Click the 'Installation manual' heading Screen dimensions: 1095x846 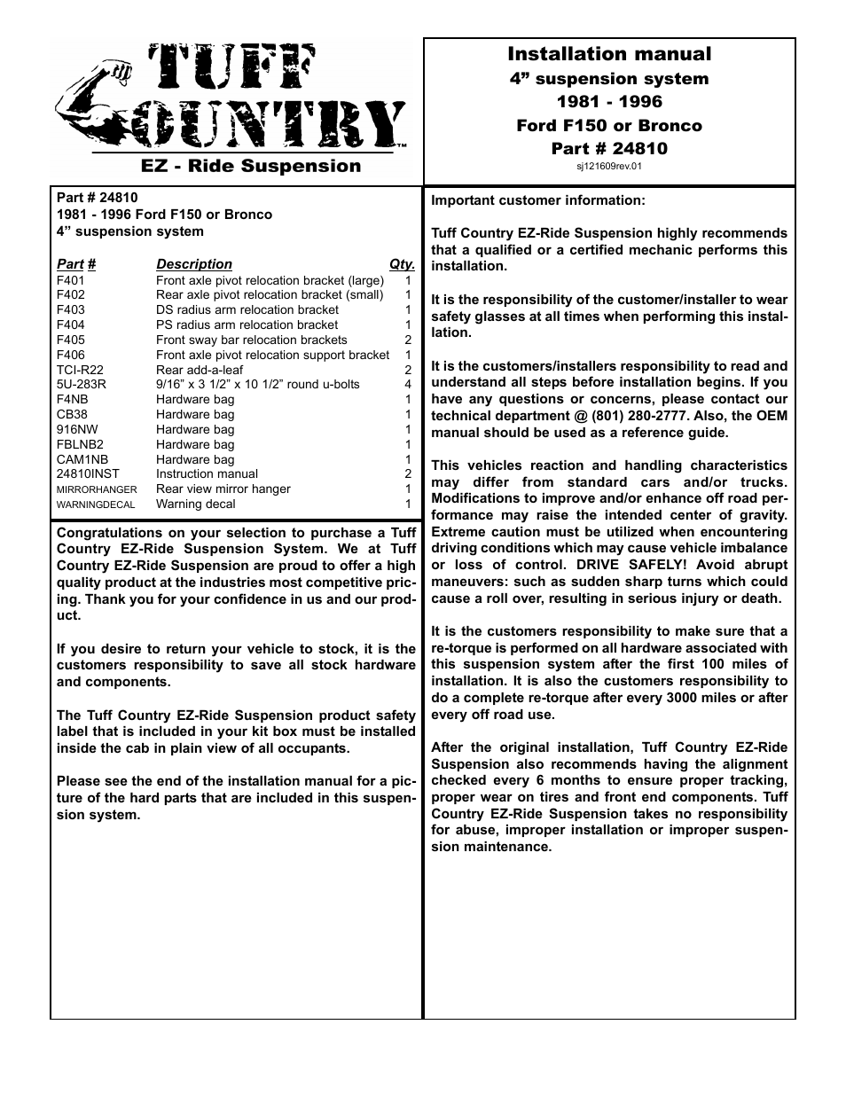coord(608,54)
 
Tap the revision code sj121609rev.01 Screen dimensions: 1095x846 coord(608,166)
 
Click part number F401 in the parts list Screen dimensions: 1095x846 coord(71,280)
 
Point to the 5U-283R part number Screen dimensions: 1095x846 coord(82,385)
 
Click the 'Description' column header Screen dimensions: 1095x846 coord(193,264)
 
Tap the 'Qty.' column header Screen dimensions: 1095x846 coord(402,264)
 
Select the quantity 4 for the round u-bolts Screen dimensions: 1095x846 coord(408,385)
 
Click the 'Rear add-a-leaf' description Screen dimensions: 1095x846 coord(199,370)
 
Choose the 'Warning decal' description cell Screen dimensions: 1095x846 coord(195,504)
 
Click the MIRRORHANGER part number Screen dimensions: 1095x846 coord(97,489)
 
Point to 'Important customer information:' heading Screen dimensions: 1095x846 coord(538,200)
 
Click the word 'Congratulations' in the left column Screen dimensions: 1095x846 coord(109,533)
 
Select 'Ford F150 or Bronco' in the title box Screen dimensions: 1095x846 coord(608,125)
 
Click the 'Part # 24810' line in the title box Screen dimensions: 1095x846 coord(608,148)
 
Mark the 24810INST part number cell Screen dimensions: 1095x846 coord(87,474)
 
